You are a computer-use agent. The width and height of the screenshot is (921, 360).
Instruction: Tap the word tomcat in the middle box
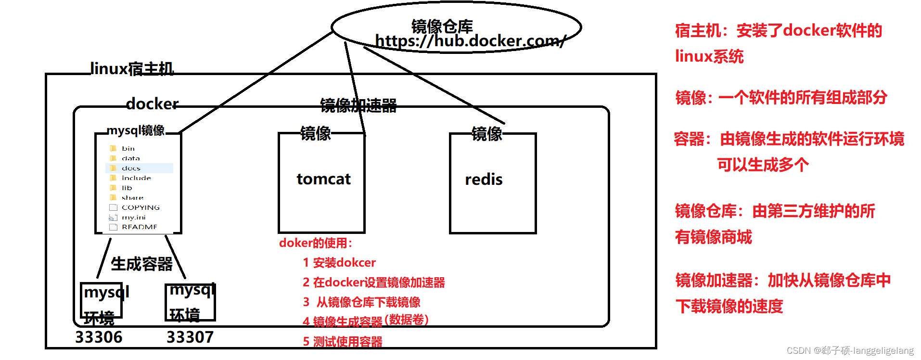[323, 179]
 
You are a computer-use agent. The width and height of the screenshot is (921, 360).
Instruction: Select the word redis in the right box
[484, 180]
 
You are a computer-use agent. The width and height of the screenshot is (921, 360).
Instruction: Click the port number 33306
[99, 337]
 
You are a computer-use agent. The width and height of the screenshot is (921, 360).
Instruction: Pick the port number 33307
[190, 337]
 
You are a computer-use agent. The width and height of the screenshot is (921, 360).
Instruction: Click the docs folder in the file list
[131, 168]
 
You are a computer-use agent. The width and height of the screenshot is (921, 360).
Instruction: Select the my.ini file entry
[133, 218]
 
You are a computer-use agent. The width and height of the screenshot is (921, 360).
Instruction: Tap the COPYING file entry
[141, 207]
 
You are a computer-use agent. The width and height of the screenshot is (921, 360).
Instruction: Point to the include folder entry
[136, 178]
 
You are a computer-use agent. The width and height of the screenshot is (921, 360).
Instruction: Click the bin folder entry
[128, 148]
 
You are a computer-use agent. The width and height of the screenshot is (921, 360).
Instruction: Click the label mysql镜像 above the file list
[136, 130]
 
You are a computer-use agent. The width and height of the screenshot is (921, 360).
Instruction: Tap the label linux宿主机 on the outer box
[132, 69]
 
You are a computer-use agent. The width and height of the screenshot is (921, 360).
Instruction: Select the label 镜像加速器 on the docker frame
[358, 105]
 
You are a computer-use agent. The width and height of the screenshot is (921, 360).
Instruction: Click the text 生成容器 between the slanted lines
[141, 264]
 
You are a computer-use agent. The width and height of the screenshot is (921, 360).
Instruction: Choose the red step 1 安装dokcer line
[339, 263]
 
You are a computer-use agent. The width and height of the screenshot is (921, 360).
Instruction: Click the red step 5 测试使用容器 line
[343, 342]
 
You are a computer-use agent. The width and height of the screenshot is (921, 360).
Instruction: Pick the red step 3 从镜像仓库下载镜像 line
[362, 302]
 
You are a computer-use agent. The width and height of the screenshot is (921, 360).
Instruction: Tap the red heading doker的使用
[316, 243]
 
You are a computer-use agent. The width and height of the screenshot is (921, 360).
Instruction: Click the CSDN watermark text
[850, 350]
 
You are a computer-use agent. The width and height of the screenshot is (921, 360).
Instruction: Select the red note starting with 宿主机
[778, 31]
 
